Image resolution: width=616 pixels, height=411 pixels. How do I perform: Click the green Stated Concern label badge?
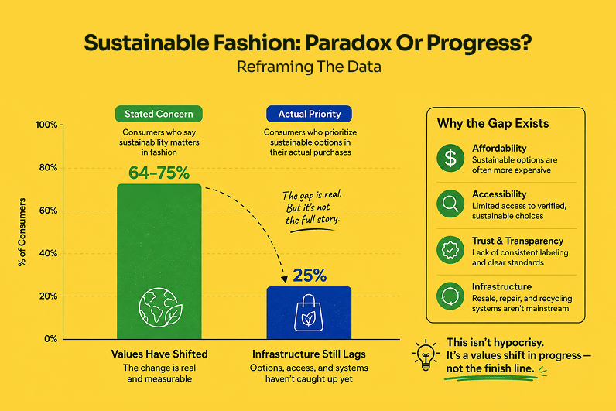159,114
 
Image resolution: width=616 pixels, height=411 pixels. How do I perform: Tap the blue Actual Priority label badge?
310,114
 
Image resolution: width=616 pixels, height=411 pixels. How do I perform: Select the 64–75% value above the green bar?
159,173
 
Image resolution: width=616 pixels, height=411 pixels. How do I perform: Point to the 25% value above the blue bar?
310,276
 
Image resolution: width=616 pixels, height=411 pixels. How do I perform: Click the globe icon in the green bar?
160,307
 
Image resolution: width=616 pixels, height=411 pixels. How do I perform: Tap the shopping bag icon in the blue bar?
309,313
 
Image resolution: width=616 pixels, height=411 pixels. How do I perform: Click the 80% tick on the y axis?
48,168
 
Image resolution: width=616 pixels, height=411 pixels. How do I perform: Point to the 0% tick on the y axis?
50,339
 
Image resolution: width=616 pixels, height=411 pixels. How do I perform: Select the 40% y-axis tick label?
48,253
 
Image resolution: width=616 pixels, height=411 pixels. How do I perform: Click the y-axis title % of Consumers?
22,232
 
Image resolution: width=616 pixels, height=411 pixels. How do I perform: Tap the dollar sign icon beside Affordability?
450,158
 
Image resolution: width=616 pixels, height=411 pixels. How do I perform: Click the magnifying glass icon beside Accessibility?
450,204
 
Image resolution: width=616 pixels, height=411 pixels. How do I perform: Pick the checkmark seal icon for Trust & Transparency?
450,250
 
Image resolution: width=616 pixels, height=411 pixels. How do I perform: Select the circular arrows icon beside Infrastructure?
450,296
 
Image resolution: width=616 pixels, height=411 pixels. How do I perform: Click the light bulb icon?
426,354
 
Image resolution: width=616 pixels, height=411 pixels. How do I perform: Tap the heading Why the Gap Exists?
493,123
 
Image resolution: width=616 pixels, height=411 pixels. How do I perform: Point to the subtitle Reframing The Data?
309,67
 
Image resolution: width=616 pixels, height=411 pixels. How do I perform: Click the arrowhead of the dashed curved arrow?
285,279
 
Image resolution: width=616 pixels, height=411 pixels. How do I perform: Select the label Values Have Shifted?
159,354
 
